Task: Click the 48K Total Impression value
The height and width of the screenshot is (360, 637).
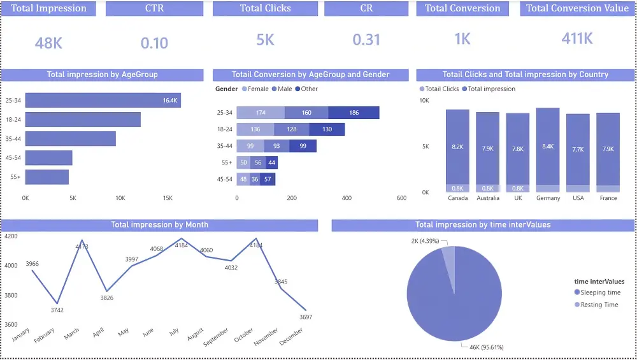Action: (48, 43)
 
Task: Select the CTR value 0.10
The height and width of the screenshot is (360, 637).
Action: (154, 43)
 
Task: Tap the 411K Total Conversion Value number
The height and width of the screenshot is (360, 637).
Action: (577, 39)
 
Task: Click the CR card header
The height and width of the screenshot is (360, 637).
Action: (366, 8)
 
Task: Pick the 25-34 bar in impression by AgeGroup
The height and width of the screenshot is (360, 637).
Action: (103, 101)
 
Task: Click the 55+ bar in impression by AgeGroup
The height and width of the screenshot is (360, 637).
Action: (47, 177)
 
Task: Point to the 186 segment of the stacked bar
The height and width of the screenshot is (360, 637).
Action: (354, 113)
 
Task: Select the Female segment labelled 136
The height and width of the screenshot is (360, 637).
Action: (255, 129)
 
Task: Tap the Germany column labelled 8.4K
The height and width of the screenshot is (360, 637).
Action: (548, 147)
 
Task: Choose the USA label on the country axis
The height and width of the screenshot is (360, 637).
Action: (578, 198)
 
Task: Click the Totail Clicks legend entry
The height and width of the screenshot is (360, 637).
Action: (440, 89)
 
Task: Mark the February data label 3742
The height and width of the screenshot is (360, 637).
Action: (57, 310)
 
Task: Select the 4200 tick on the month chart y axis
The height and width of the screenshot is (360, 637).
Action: (11, 236)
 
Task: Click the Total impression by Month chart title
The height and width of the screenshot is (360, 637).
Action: (159, 225)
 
